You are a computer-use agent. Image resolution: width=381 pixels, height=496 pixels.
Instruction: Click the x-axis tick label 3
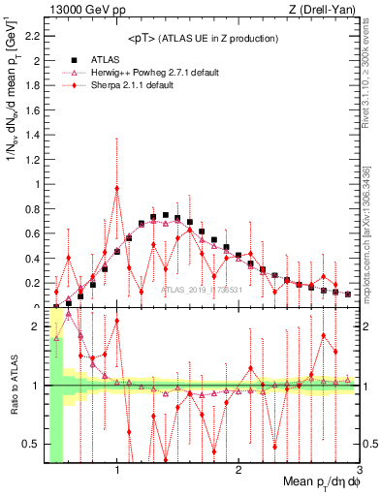click(x=359, y=471)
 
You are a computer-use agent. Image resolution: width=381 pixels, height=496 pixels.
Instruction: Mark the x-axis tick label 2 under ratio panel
click(x=238, y=471)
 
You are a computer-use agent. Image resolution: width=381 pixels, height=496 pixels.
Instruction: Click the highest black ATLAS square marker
click(x=166, y=215)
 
